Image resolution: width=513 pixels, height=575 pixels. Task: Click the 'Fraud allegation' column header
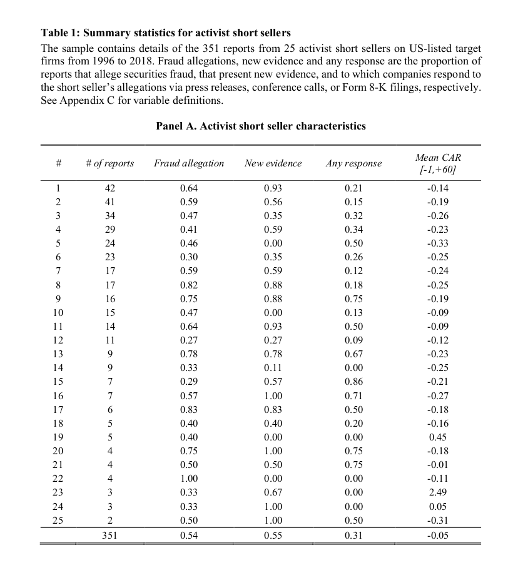point(189,163)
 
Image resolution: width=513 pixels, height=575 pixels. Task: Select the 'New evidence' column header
point(273,163)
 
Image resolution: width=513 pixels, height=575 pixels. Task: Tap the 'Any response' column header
point(353,163)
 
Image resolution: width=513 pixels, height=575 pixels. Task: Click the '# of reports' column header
point(109,163)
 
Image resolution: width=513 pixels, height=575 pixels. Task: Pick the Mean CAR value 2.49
point(437,493)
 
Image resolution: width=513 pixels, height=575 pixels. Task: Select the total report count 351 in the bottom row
point(110,535)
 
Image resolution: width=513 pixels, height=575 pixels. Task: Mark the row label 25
point(58,521)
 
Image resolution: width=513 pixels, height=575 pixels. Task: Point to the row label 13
point(58,355)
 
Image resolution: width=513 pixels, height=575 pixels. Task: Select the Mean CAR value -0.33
point(437,244)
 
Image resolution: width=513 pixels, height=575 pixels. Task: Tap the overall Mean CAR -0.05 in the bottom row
point(437,535)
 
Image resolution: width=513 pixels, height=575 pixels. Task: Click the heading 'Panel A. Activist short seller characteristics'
point(261,126)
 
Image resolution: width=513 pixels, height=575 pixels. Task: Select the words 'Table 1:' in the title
point(61,33)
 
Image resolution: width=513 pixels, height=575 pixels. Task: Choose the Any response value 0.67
point(353,355)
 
